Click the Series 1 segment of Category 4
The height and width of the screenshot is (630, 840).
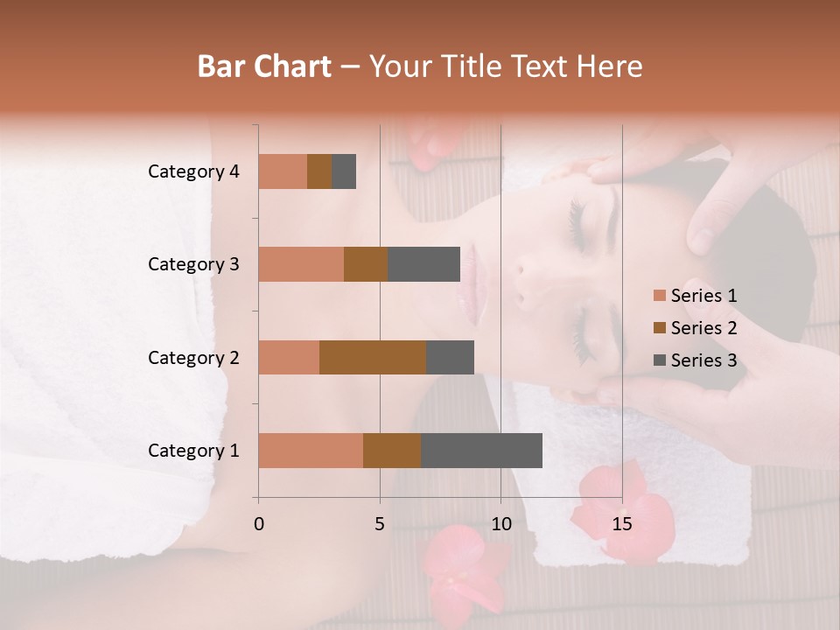coord(283,171)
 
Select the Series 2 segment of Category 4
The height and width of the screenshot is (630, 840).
coord(319,171)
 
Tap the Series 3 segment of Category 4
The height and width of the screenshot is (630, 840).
coord(344,171)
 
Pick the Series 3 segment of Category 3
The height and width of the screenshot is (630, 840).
coord(423,264)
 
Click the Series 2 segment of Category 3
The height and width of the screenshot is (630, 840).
coord(366,264)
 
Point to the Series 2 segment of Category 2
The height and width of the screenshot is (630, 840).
coord(373,357)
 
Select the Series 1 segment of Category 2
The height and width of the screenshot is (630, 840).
coord(289,357)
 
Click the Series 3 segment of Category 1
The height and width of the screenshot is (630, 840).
coord(481,451)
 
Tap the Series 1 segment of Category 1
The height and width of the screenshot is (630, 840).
coord(311,451)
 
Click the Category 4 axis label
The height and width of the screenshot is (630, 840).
coord(193,171)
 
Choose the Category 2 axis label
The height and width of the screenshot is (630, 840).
coord(193,357)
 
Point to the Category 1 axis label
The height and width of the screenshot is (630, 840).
coord(193,451)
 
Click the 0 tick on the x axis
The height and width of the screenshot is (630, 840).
coord(259,524)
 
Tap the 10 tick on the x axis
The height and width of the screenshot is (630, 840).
coord(500,524)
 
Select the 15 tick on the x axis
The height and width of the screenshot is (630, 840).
coord(621,524)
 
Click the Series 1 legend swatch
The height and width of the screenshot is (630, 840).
coord(659,296)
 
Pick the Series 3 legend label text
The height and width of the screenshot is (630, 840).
coord(703,360)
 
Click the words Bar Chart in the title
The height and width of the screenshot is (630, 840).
coord(263,66)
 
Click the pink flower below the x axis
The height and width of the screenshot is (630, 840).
coord(455,564)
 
